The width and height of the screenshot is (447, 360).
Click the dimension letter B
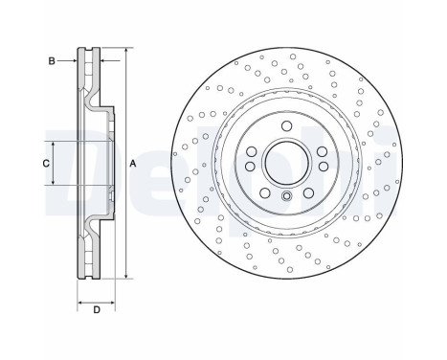[x=52, y=60]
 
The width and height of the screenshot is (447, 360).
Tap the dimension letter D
[x=96, y=309]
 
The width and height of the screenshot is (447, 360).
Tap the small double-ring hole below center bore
[x=286, y=197]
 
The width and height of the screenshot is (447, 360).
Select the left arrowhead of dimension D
[x=79, y=298]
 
